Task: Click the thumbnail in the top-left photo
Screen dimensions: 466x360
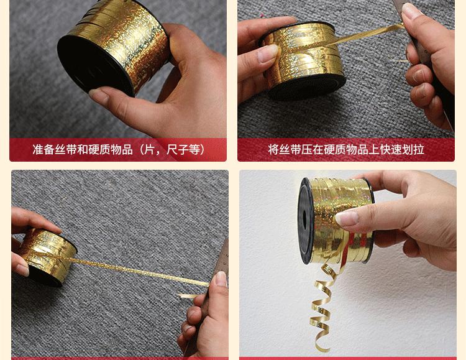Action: tap(98, 96)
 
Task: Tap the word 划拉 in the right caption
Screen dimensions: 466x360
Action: tap(413, 149)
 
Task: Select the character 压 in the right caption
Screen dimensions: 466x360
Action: tap(306, 149)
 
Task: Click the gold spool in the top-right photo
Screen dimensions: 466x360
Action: tap(303, 60)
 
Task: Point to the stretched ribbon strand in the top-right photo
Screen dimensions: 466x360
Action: tap(365, 35)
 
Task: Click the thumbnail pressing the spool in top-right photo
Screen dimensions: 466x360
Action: tap(267, 53)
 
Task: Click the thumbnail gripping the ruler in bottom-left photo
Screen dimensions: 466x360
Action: tap(221, 279)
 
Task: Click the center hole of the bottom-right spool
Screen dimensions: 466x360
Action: tap(304, 221)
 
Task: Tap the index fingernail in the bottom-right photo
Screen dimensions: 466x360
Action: tap(347, 218)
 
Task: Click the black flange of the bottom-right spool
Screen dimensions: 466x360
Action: tap(306, 221)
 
